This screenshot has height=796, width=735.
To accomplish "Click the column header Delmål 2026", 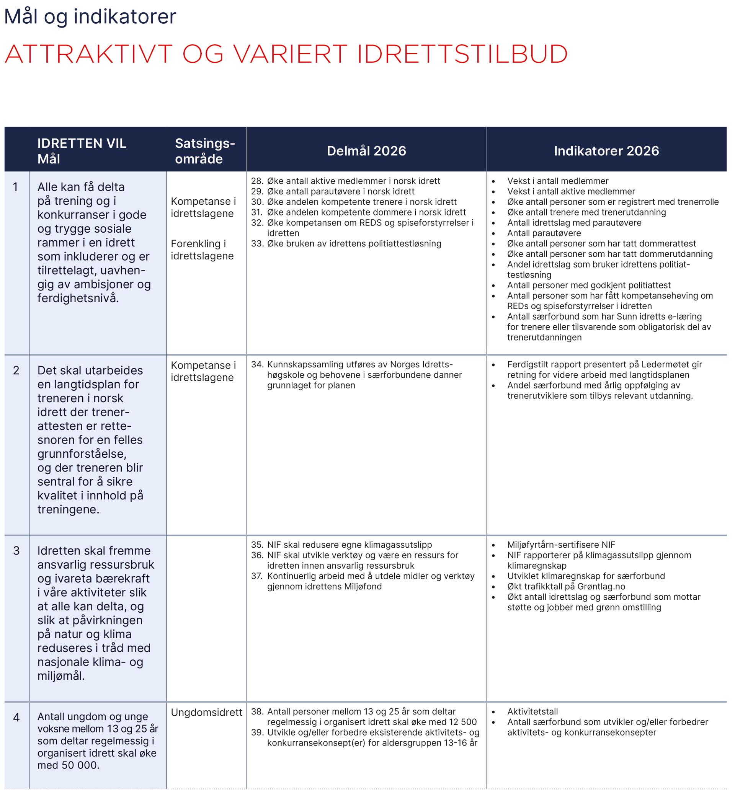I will point(366,151).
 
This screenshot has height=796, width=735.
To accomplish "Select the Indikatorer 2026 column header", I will point(606,151).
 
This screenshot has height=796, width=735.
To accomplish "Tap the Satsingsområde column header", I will point(205,151).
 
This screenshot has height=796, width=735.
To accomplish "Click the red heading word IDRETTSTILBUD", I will point(462,54).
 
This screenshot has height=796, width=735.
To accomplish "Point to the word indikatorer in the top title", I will point(125,17).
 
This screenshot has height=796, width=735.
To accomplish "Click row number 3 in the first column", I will point(16,551).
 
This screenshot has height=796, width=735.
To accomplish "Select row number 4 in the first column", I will point(16,717).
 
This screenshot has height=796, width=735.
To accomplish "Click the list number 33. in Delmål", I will point(257,244).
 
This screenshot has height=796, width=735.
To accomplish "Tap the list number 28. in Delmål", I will point(257,181).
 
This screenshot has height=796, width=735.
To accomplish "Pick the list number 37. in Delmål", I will point(257,576).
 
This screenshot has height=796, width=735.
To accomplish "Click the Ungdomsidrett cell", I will point(206,713).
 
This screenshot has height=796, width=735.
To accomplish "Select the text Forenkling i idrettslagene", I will point(202,250).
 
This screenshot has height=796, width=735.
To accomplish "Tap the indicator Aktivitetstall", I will point(532,712).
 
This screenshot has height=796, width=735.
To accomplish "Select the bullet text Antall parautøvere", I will point(544,233).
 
